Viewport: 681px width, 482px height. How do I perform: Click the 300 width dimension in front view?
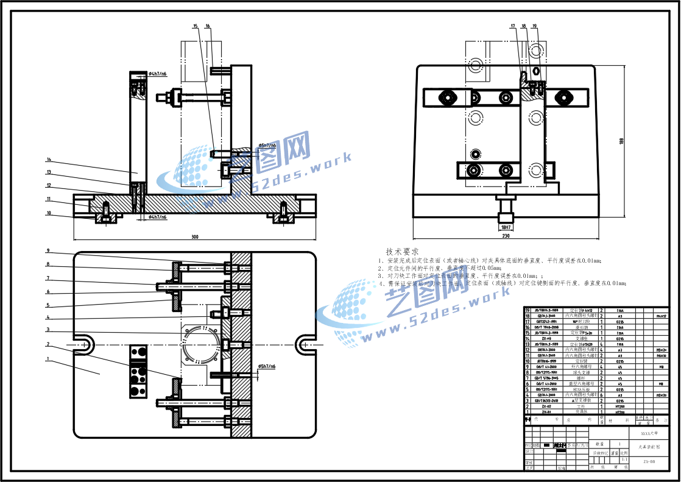point(195,237)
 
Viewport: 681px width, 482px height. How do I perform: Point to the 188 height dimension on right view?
point(621,141)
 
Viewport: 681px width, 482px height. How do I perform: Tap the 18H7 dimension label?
point(505,227)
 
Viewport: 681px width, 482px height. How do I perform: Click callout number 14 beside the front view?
point(48,160)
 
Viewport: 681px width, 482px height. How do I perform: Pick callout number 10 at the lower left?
point(48,213)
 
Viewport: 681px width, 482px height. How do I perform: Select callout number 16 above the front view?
point(208,26)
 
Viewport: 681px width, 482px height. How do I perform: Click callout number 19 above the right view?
point(534,26)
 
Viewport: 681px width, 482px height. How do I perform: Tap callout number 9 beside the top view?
point(48,251)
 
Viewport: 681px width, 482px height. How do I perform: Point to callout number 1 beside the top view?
point(48,359)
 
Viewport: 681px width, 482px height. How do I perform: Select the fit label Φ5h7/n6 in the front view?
point(267,146)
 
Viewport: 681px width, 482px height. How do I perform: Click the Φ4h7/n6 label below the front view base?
point(157,217)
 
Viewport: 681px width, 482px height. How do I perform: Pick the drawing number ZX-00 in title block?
point(649,462)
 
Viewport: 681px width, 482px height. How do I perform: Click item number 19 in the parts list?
point(528,310)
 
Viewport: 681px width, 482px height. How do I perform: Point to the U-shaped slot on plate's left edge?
point(84,345)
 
